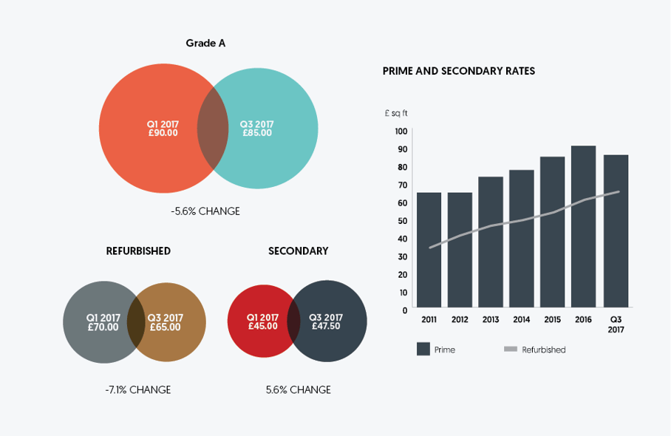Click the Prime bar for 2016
click(x=584, y=226)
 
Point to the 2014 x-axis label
click(x=522, y=320)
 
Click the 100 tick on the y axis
click(x=401, y=132)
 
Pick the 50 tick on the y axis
click(x=402, y=221)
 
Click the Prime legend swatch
click(x=423, y=350)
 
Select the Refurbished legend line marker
click(x=510, y=350)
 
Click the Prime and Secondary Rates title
click(x=458, y=71)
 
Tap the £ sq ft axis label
click(x=396, y=113)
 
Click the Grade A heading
click(x=205, y=43)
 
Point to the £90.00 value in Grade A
click(x=163, y=133)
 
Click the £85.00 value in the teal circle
click(x=256, y=133)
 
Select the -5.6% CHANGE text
click(x=205, y=211)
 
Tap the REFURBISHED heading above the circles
click(x=138, y=251)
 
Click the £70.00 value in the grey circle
click(x=103, y=327)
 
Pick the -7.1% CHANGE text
click(x=138, y=389)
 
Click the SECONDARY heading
click(x=298, y=251)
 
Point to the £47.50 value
click(x=326, y=326)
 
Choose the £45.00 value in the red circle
click(x=262, y=326)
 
